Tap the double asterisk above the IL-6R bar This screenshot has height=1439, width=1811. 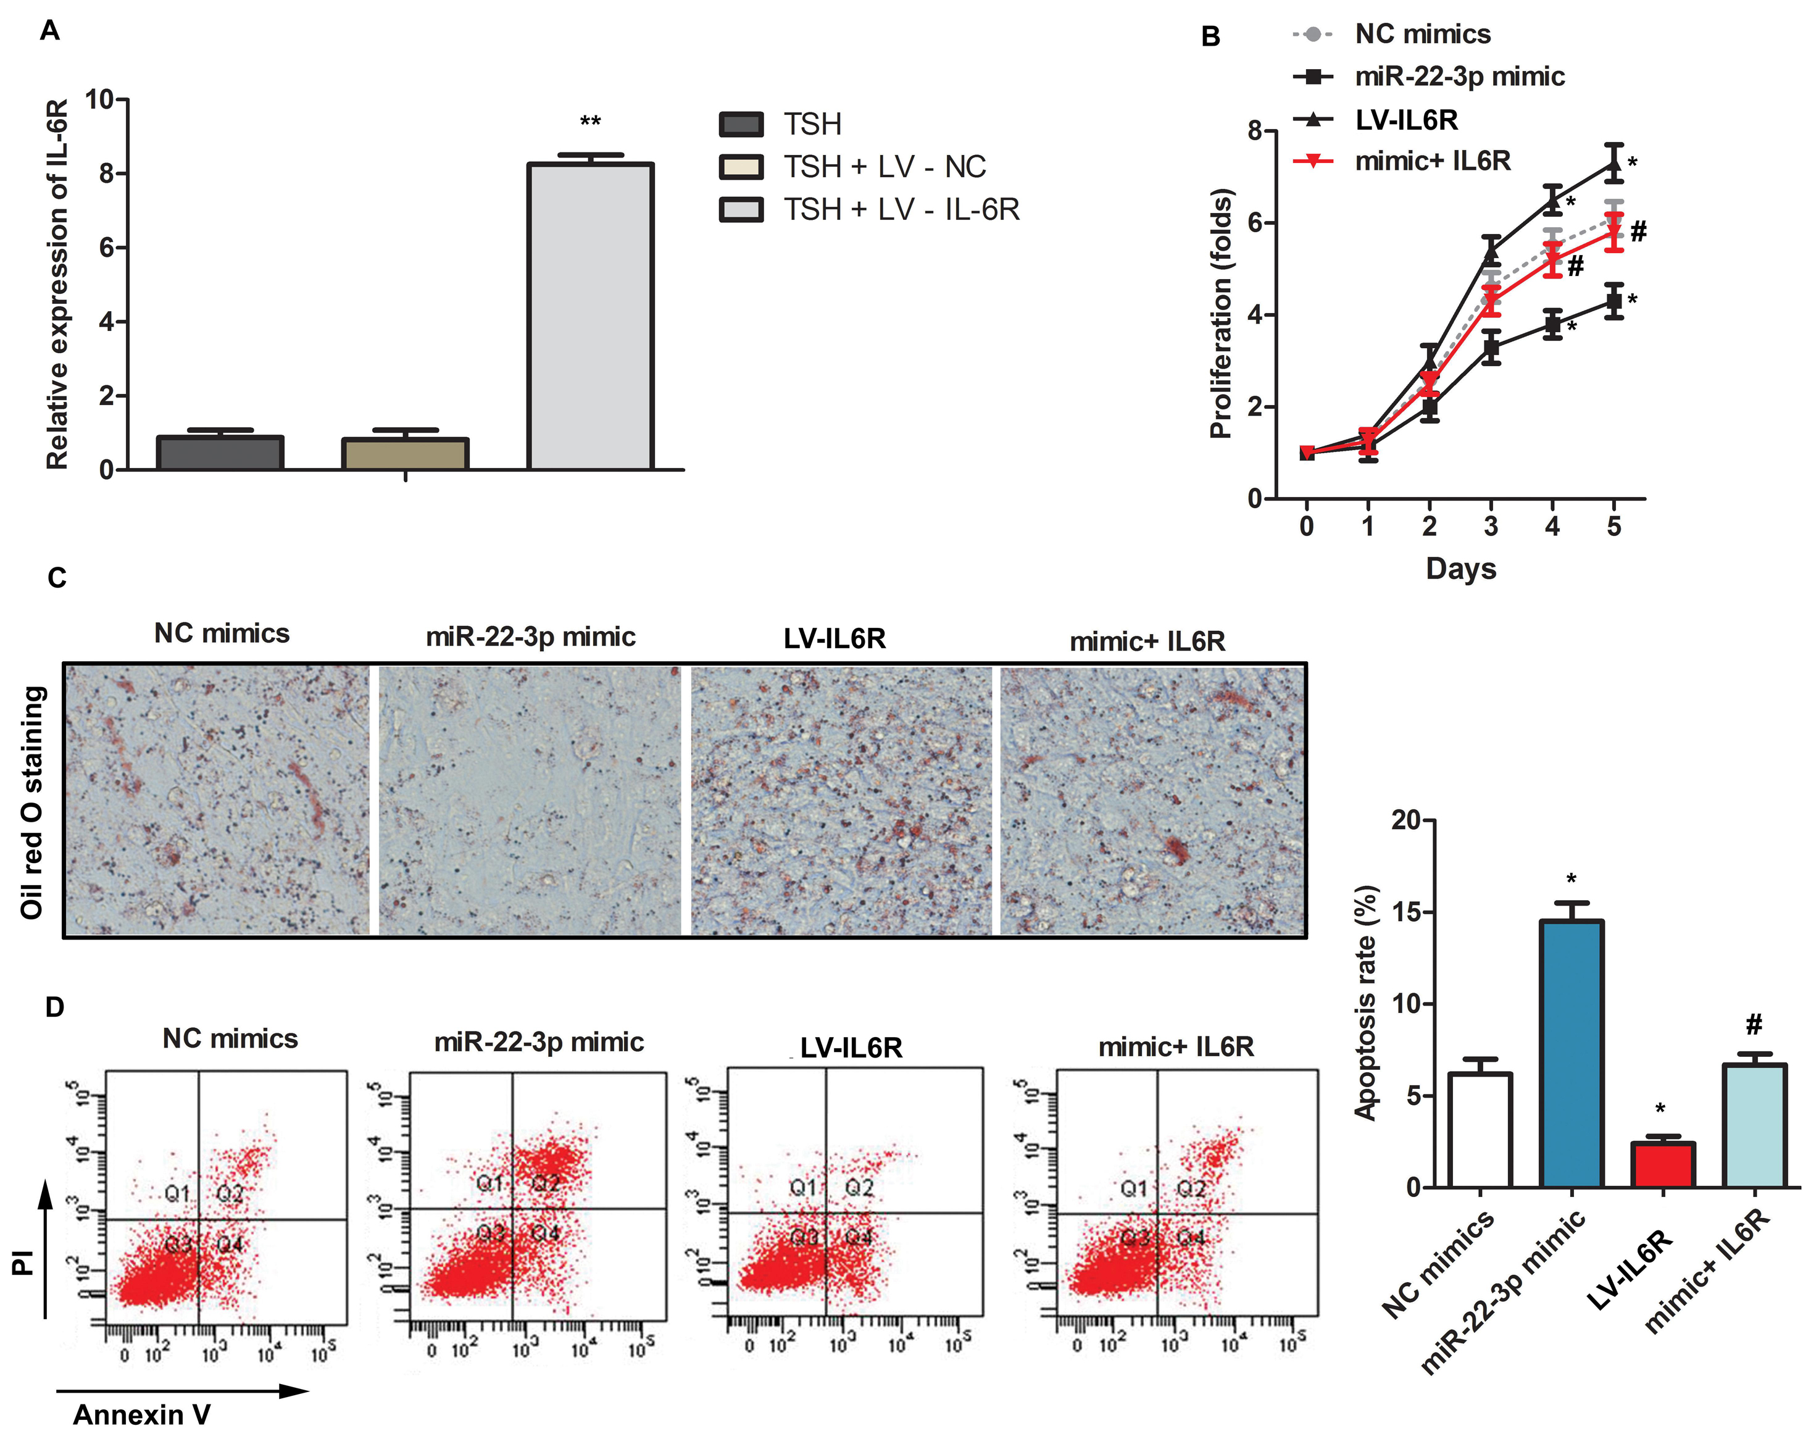coord(591,123)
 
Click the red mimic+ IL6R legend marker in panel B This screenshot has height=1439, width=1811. coord(1313,161)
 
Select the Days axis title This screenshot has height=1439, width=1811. coord(1461,569)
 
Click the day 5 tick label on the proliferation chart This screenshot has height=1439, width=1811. coord(1613,527)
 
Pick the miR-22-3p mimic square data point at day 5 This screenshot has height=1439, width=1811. coord(1613,301)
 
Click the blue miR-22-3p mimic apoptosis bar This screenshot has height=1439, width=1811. coord(1571,1054)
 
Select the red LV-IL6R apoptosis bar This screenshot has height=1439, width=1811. coord(1662,1164)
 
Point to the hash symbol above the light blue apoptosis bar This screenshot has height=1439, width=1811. coord(1754,1025)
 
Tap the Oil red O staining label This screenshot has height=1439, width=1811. coord(32,803)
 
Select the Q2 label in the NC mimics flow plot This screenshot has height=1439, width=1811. coord(230,1193)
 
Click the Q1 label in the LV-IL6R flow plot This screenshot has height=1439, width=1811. coord(803,1187)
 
